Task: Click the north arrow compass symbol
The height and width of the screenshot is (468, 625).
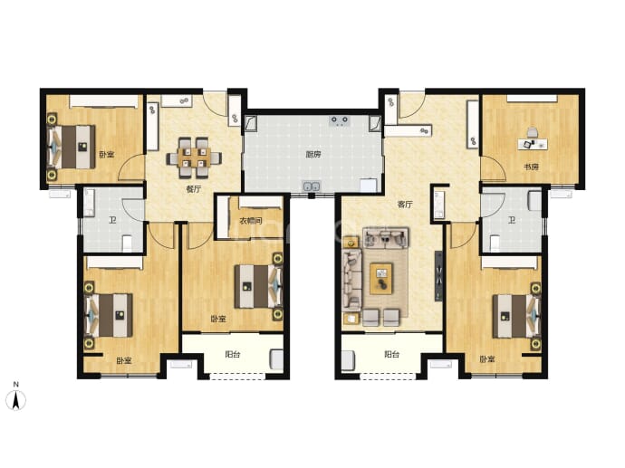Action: pyautogui.click(x=16, y=399)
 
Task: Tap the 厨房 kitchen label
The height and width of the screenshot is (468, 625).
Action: pyautogui.click(x=312, y=154)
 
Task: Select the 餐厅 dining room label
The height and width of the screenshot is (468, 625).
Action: pyautogui.click(x=193, y=189)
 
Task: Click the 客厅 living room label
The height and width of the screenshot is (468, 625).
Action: pyautogui.click(x=405, y=205)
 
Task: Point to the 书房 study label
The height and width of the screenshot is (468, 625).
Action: pyautogui.click(x=531, y=167)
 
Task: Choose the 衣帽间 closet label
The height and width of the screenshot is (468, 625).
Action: pyautogui.click(x=250, y=221)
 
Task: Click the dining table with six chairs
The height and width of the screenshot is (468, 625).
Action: pyautogui.click(x=193, y=158)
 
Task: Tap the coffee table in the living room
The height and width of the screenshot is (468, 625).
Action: pyautogui.click(x=381, y=279)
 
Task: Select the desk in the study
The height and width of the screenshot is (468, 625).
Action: pyautogui.click(x=533, y=144)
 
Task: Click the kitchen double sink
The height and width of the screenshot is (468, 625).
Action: pyautogui.click(x=312, y=186)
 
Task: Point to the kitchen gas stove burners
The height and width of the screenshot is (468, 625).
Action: pyautogui.click(x=339, y=120)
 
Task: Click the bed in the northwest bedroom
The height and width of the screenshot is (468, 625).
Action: pyautogui.click(x=72, y=147)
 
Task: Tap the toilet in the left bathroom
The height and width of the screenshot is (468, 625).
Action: pyautogui.click(x=127, y=244)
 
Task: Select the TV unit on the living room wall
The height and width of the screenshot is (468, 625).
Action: pyautogui.click(x=438, y=276)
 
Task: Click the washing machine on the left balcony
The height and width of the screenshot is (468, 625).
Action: pyautogui.click(x=276, y=359)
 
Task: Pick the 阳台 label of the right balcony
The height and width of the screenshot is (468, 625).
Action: pyautogui.click(x=392, y=354)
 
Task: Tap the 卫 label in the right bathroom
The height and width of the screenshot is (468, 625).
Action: pyautogui.click(x=512, y=219)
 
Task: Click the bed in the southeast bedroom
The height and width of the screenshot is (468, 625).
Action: pyautogui.click(x=515, y=316)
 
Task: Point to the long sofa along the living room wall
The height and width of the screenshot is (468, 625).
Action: pyautogui.click(x=352, y=280)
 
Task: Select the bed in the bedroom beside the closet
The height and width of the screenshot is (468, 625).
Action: pyautogui.click(x=258, y=286)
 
